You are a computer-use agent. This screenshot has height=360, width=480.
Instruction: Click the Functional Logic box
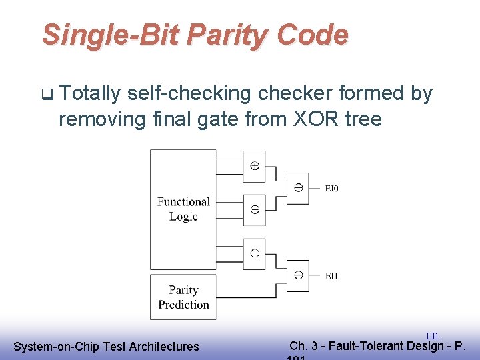coord(183,209)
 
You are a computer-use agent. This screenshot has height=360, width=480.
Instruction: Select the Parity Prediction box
coord(183,297)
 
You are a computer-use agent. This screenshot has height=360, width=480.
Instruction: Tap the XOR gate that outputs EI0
coord(298,187)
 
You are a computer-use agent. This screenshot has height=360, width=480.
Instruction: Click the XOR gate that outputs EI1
coord(298,275)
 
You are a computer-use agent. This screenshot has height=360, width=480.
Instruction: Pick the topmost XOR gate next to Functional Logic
coord(254,165)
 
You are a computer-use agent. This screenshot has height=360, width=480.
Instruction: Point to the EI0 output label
coord(332,188)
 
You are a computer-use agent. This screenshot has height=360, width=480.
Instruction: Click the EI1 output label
coord(332,275)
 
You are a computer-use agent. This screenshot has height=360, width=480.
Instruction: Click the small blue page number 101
coord(431,336)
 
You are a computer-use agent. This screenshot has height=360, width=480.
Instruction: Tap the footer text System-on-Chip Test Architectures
coord(106,346)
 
